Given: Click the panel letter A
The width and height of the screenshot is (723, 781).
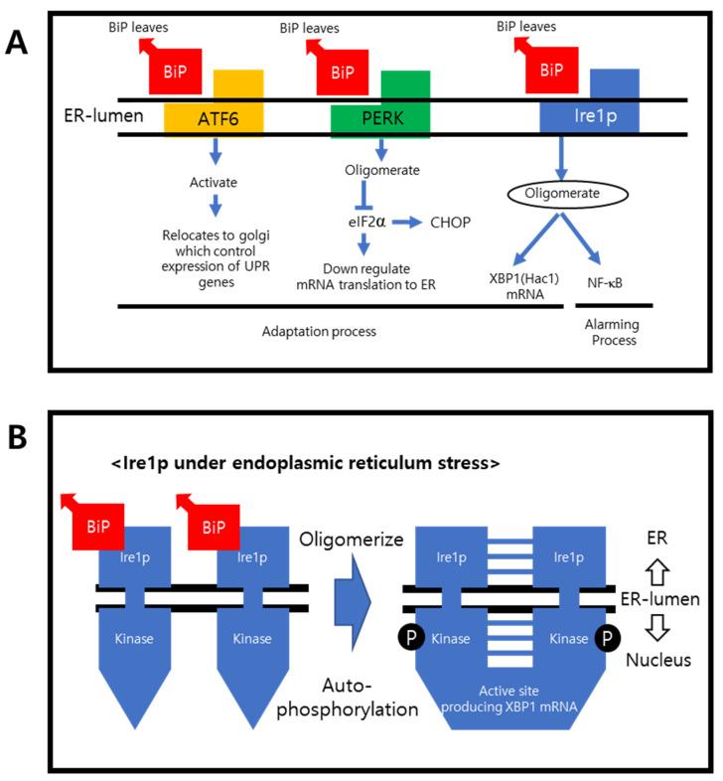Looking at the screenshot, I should [x=23, y=43].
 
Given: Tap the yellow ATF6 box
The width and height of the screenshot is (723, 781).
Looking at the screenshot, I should [x=214, y=117].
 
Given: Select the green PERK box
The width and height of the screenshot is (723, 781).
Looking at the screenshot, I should [x=380, y=117].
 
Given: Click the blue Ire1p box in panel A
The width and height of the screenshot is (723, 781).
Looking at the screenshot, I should [x=588, y=117].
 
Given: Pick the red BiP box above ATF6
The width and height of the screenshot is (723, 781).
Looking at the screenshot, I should [x=175, y=73].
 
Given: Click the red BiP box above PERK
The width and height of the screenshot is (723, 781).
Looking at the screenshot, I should [x=342, y=73].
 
